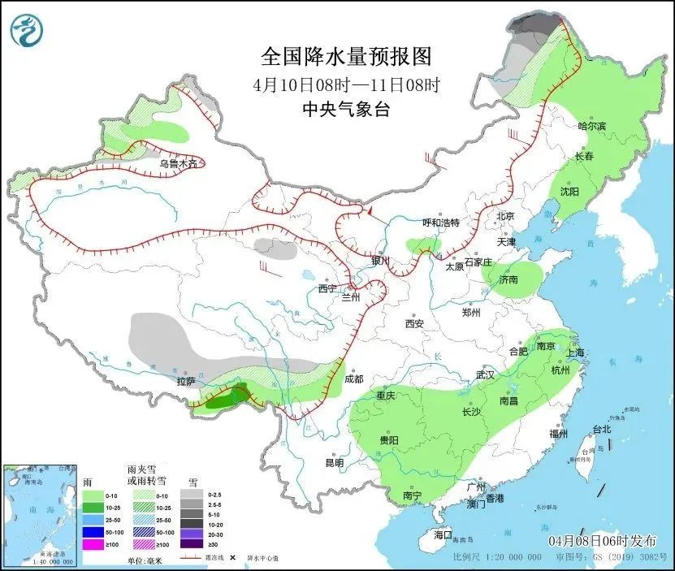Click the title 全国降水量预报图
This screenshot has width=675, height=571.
coord(345,57)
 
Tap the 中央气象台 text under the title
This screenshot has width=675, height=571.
coord(345,109)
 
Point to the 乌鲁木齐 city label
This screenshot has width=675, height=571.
coord(177,163)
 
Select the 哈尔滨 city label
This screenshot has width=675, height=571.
coord(591,126)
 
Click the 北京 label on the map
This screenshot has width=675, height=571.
coord(505,216)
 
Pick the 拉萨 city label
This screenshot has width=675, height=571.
coord(186,381)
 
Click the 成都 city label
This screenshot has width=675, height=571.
coord(354,379)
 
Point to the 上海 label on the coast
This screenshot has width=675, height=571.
coord(575,353)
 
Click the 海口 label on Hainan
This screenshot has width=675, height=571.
coord(442,535)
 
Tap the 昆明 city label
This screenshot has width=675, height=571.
coord(334,462)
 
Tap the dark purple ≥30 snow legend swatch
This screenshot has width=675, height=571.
coord(193,545)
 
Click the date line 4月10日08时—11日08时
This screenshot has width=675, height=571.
coord(345,84)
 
